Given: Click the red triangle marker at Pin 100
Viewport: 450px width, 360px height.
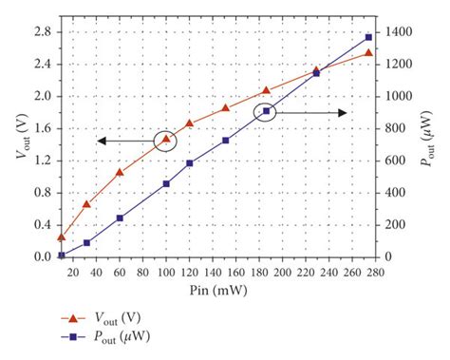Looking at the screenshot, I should (166, 140).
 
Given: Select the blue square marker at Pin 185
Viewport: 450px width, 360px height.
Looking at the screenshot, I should (267, 112).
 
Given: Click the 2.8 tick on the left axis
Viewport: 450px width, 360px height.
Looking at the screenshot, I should (43, 31).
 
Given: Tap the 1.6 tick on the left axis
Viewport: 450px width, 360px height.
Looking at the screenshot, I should (43, 128).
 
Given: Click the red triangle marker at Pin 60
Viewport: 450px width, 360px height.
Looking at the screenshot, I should (120, 173).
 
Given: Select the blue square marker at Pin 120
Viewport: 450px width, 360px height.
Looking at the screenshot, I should (190, 163).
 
